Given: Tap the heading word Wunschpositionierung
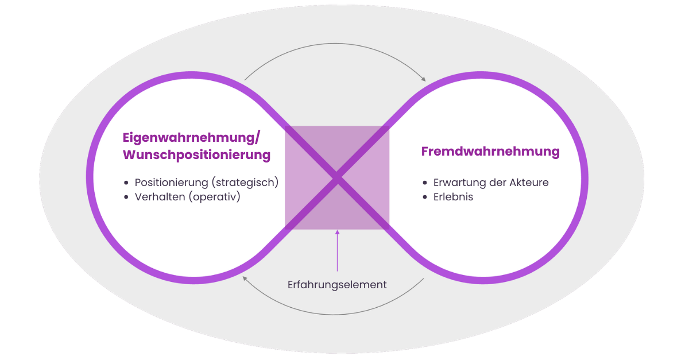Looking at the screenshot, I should coord(196,155).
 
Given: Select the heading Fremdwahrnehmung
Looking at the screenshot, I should coord(490,152).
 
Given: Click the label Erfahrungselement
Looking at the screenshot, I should coord(337,285).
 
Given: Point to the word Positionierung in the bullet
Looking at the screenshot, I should coord(171,183).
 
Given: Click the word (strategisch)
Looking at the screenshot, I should coord(245,183).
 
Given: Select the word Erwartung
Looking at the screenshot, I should coord(460,183).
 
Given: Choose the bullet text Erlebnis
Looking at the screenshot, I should coord(453,197).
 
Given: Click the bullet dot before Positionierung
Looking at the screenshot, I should coord(126,183).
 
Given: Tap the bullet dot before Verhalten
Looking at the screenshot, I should coord(126,198).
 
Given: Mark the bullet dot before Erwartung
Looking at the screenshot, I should coord(425,183).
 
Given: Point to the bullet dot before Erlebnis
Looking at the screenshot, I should coord(425,198).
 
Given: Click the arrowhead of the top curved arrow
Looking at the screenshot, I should coord(424,79).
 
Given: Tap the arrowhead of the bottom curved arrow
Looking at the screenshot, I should coord(245,278).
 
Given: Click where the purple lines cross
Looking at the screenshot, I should coord(338,178).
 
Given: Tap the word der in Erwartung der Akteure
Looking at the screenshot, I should coord(498,183).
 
